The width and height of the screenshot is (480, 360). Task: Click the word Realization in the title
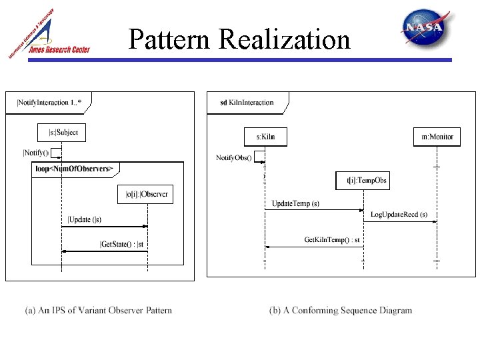284,39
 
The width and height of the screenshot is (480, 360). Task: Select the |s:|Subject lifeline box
62,133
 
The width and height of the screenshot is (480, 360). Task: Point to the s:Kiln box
265,137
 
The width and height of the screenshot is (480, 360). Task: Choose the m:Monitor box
437,137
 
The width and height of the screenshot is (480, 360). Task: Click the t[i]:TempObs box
363,181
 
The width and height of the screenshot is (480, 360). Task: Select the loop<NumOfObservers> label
74,169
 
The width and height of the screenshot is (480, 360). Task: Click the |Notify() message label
36,153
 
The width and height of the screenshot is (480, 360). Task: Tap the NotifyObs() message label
234,157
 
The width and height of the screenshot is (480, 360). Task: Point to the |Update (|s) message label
85,219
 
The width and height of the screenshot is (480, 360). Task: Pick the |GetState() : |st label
122,244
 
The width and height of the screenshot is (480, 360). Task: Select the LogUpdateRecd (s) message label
399,215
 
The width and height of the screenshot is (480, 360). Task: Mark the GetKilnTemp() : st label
332,239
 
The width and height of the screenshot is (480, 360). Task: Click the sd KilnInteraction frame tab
247,103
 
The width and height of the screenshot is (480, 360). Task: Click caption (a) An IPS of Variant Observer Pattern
98,310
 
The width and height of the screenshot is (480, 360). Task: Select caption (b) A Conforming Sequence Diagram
341,310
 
